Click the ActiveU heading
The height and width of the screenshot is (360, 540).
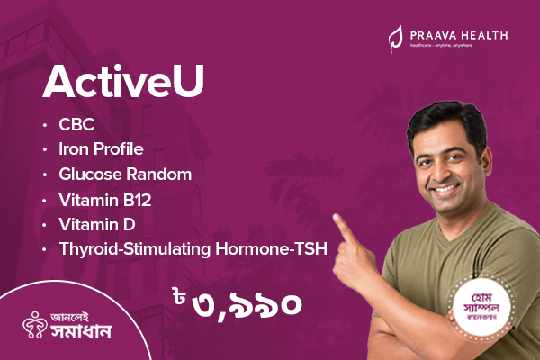123,82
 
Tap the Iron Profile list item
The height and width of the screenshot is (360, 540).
101,148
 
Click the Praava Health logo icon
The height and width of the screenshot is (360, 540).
394,37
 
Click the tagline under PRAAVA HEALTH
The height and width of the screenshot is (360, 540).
453,44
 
